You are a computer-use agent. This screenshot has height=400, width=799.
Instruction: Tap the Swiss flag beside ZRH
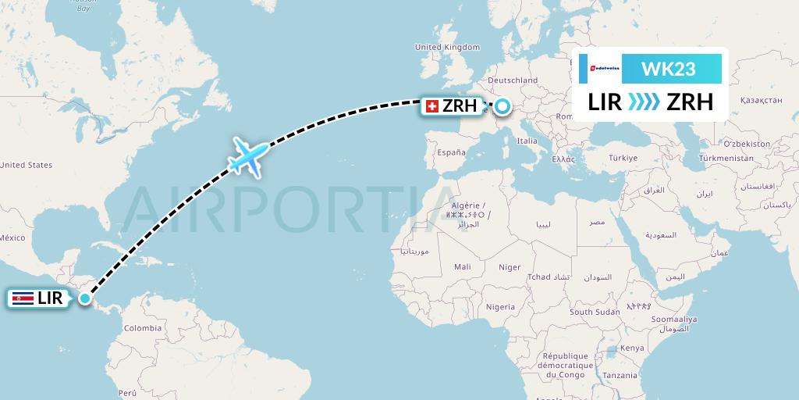click(x=431, y=106)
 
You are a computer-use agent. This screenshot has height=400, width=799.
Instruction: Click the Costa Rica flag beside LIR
click(x=22, y=298)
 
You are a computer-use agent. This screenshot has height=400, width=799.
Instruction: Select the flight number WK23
click(x=668, y=69)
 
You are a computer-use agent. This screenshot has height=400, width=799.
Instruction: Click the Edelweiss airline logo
click(x=605, y=69)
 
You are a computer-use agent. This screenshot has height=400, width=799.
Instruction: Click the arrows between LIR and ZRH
click(x=644, y=102)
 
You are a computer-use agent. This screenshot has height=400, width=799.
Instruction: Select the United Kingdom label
click(x=447, y=48)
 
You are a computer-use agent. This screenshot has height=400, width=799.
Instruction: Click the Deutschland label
click(x=513, y=80)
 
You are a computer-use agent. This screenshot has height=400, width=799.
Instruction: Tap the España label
click(x=451, y=152)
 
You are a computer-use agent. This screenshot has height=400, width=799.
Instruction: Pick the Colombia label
click(x=143, y=328)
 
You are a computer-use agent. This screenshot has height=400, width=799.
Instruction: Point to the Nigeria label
click(x=500, y=308)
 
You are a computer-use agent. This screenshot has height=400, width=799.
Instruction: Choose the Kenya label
click(x=632, y=348)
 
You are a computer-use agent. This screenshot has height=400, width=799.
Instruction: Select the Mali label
click(x=462, y=267)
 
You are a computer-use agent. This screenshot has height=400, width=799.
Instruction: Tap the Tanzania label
click(x=620, y=376)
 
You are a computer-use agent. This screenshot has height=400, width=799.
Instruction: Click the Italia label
click(x=527, y=141)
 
